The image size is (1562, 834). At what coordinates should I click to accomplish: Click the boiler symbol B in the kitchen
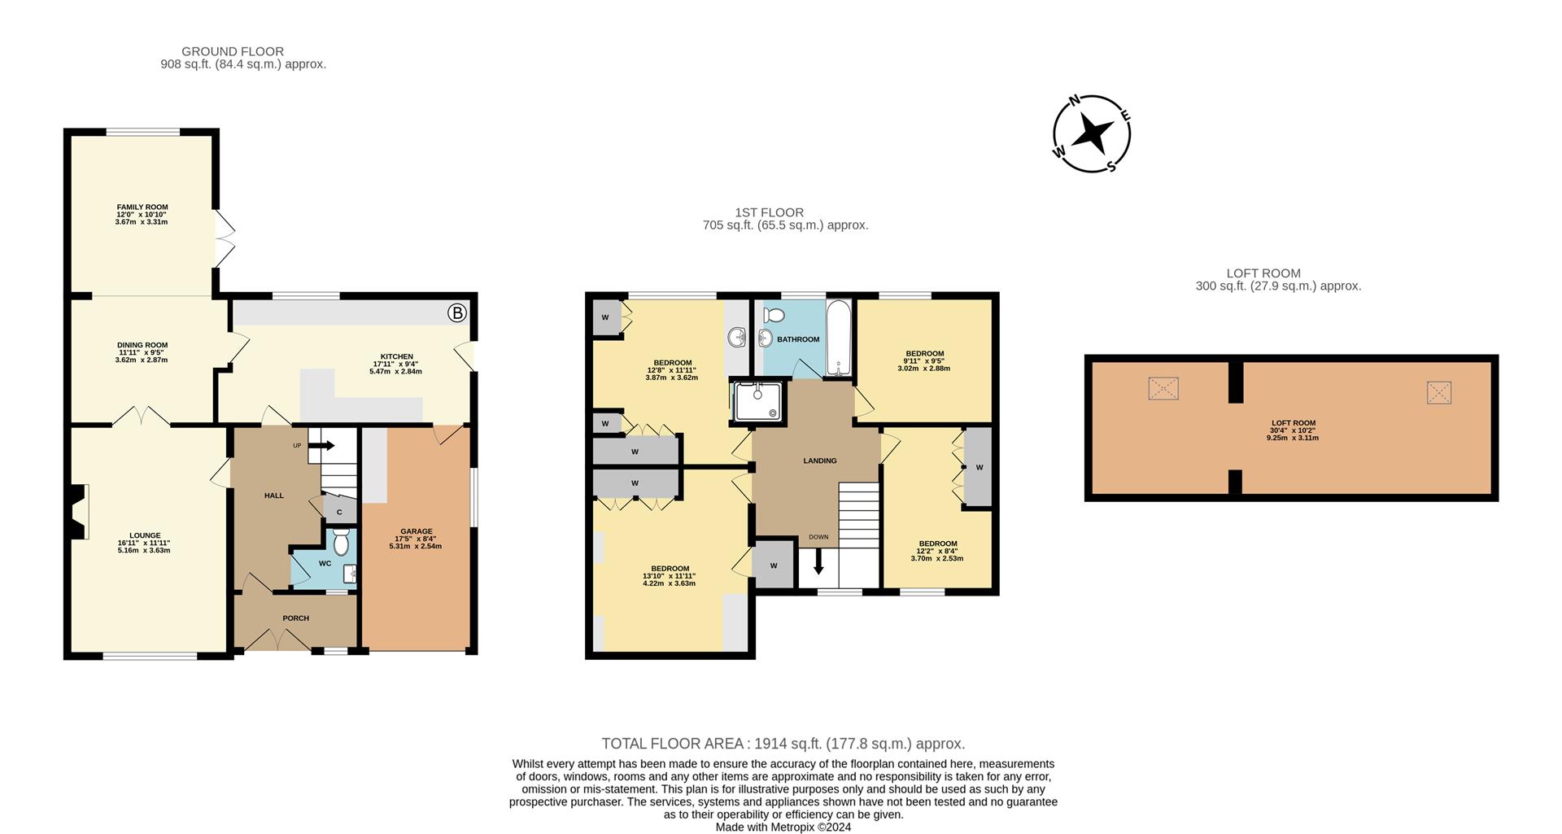coord(458,312)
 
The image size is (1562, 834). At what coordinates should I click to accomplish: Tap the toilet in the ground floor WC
coord(341,541)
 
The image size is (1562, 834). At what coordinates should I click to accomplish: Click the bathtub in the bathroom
coord(839,338)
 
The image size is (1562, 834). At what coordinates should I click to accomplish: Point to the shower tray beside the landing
coord(760,404)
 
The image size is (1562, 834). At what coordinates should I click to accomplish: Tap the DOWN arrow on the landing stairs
coord(818,561)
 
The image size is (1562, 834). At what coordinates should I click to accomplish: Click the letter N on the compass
coord(1074,101)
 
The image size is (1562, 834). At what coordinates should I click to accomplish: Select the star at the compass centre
coord(1092,133)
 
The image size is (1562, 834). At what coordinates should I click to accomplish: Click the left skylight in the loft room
coord(1163,388)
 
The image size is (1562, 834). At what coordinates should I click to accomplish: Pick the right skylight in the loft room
coord(1439,393)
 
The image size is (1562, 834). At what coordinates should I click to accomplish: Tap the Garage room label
coord(416,531)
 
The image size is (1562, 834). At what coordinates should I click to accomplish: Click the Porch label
coord(296,618)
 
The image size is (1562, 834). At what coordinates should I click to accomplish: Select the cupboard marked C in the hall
coord(340,511)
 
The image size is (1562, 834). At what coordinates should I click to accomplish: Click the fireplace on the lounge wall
coord(78,513)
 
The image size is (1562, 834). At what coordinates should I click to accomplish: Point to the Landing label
coord(820,461)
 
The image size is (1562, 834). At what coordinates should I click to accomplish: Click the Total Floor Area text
coord(783,744)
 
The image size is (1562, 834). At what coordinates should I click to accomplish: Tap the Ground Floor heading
coord(233,51)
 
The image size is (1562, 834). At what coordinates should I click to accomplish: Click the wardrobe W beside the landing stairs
coord(774,565)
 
